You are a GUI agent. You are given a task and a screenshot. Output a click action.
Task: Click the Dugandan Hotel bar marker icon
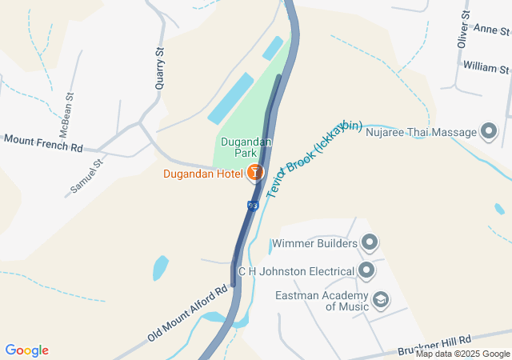pyautogui.click(x=255, y=172)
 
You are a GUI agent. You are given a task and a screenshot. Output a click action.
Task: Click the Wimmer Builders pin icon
pyautogui.click(x=370, y=242)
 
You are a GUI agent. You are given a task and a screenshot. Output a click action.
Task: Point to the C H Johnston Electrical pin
pyautogui.click(x=366, y=270)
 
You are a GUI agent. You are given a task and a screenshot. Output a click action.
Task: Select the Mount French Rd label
pyautogui.click(x=43, y=142)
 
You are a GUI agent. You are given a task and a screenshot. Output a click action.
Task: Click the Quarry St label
pyautogui.click(x=159, y=62)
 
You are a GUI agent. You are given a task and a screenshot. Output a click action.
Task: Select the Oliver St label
pyautogui.click(x=463, y=30)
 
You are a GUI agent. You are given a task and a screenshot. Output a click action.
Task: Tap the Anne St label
pyautogui.click(x=493, y=30)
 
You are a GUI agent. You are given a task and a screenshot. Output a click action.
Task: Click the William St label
pyautogui.click(x=486, y=66)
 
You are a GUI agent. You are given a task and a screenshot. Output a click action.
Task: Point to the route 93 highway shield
pyautogui.click(x=253, y=206)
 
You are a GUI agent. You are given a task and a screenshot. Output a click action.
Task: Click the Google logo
pyautogui.click(x=27, y=350)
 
